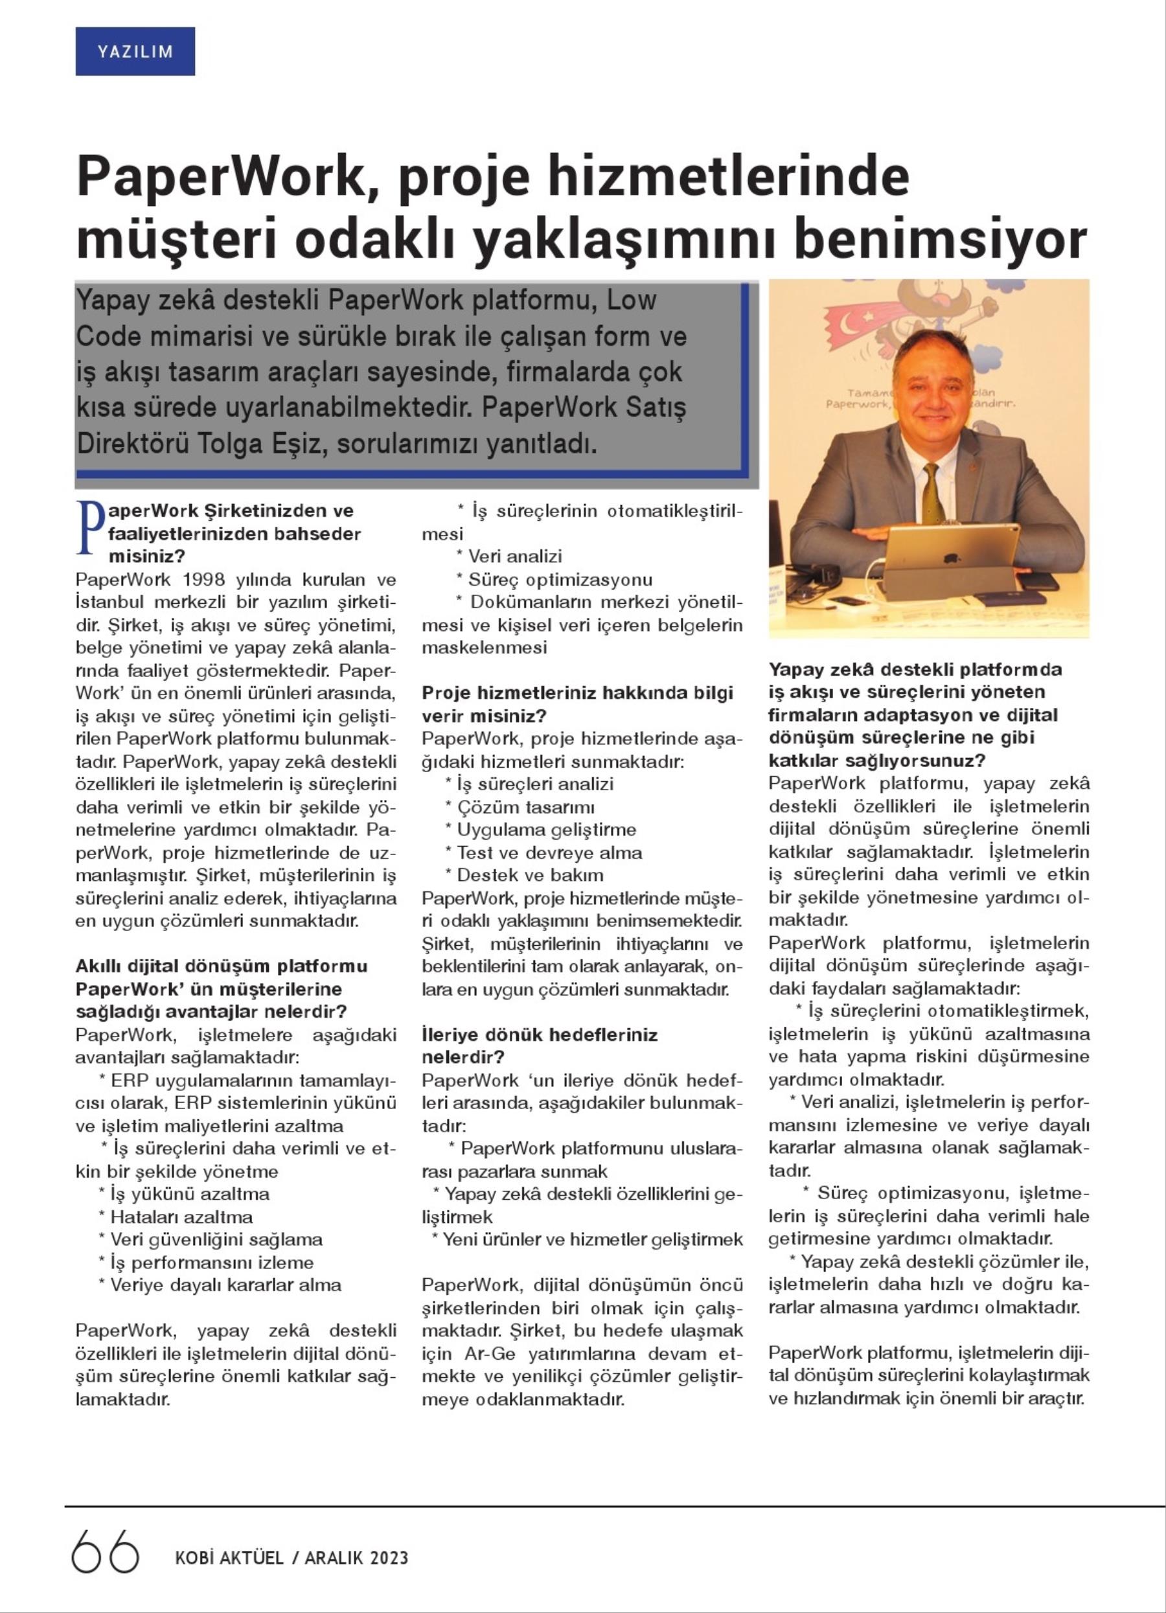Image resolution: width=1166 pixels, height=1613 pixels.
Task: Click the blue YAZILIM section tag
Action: (x=135, y=51)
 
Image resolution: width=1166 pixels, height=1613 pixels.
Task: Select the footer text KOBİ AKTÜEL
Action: (x=229, y=1558)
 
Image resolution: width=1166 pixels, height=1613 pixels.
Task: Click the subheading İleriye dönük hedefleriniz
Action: (x=540, y=1034)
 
